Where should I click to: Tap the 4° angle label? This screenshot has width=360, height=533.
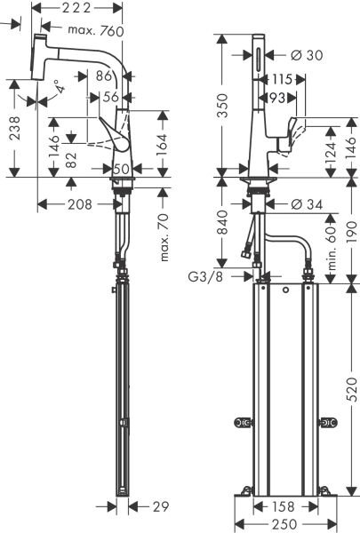pyautogui.click(x=56, y=88)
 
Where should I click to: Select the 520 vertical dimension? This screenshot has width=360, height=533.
pyautogui.click(x=351, y=387)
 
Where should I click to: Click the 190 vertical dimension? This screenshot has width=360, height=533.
pyautogui.click(x=351, y=229)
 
